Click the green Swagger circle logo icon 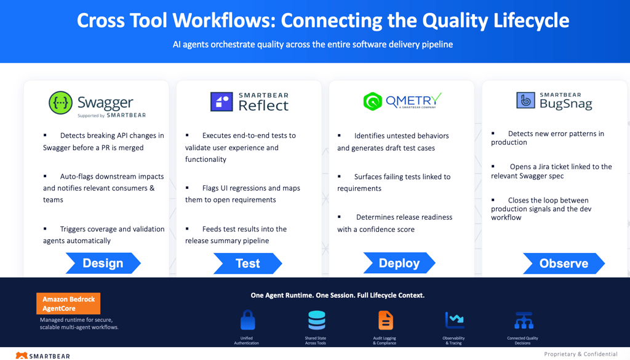tap(61, 103)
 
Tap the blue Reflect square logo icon tap(221, 102)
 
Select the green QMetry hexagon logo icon tap(372, 102)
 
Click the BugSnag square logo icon tap(525, 100)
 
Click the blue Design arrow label tap(103, 263)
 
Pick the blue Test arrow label tap(247, 263)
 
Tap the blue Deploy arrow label tap(399, 263)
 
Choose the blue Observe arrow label tap(564, 263)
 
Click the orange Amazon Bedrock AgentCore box tap(68, 304)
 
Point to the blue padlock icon tap(247, 320)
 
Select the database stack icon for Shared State tap(317, 320)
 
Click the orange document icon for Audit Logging tap(386, 320)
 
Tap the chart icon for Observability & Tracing tap(455, 320)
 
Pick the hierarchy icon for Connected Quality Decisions tap(524, 321)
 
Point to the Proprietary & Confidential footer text tap(581, 354)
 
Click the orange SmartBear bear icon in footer tap(22, 356)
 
